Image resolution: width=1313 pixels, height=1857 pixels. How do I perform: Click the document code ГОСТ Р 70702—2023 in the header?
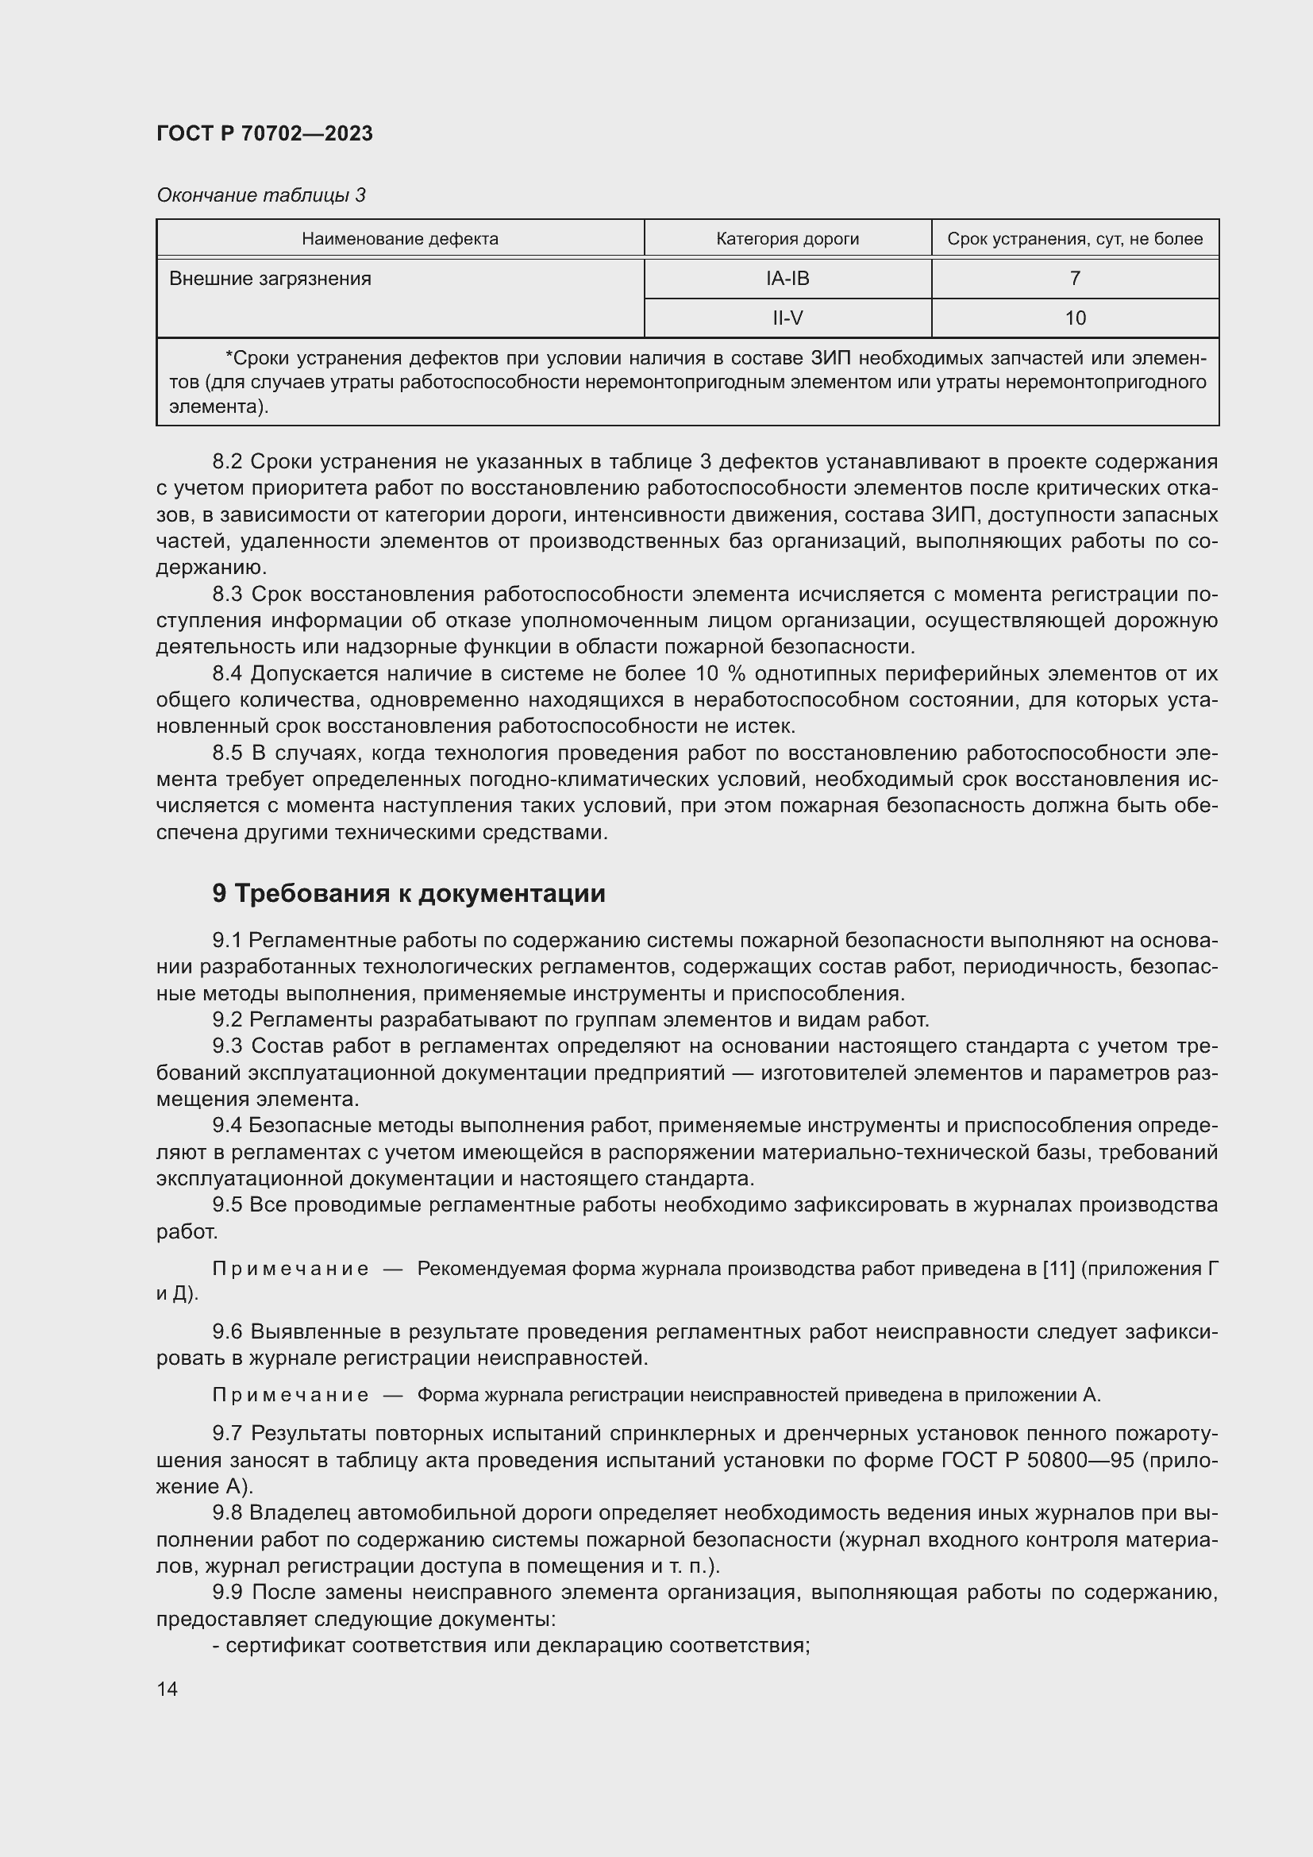264,133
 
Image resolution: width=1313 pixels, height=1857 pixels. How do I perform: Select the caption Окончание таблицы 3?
261,195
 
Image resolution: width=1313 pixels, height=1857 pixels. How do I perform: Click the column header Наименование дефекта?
399,239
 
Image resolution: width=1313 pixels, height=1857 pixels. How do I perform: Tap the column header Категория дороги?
787,239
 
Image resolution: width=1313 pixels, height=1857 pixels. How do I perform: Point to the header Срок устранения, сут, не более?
1075,239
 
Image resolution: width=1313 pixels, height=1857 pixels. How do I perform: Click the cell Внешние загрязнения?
270,279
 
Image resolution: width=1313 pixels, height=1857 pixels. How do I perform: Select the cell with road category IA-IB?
787,278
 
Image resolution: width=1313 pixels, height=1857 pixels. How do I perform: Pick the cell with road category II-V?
787,318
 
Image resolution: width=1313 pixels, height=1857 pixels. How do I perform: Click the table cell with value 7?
1075,278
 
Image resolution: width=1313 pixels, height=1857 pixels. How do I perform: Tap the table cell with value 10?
1075,318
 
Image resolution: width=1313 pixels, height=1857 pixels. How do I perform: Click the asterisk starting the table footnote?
229,356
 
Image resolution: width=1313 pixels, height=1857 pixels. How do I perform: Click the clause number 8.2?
227,462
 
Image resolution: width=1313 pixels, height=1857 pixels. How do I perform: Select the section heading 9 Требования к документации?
408,894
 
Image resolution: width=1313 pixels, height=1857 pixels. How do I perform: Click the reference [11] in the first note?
1059,1268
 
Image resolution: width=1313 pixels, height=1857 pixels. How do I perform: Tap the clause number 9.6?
227,1331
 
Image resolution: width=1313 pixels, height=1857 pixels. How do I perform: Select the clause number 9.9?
227,1593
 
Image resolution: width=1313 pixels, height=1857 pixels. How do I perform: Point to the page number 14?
167,1689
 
